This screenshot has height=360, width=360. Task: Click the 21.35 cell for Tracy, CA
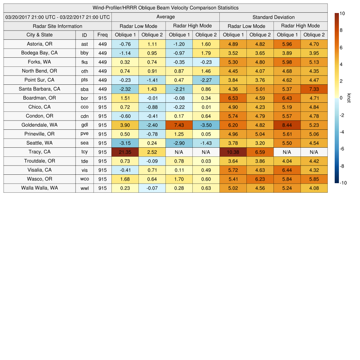click(125, 152)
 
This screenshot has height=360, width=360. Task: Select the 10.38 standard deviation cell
click(233, 152)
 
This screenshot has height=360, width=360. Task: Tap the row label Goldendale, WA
click(39, 125)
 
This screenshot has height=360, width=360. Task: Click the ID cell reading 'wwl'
click(84, 188)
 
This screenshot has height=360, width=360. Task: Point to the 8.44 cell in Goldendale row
click(287, 125)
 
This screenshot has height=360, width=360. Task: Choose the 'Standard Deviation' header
click(274, 17)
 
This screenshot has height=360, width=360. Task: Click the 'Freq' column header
click(102, 35)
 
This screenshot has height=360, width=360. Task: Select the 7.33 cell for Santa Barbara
click(314, 89)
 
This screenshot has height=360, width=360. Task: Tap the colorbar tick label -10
click(343, 183)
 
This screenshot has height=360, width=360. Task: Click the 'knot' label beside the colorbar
click(349, 98)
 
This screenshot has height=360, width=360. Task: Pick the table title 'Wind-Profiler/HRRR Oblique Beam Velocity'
click(165, 8)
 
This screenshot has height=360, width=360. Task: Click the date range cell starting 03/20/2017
click(57, 17)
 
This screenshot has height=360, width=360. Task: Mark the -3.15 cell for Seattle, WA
click(125, 143)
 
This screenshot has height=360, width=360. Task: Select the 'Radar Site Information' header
click(57, 26)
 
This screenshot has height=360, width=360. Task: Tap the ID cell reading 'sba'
click(84, 89)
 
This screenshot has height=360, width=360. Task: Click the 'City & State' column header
click(39, 35)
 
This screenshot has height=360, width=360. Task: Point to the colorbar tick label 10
click(342, 13)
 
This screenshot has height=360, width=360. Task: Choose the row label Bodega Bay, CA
click(39, 53)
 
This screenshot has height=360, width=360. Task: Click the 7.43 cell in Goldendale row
click(179, 125)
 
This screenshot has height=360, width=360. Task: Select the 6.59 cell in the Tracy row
click(260, 152)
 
